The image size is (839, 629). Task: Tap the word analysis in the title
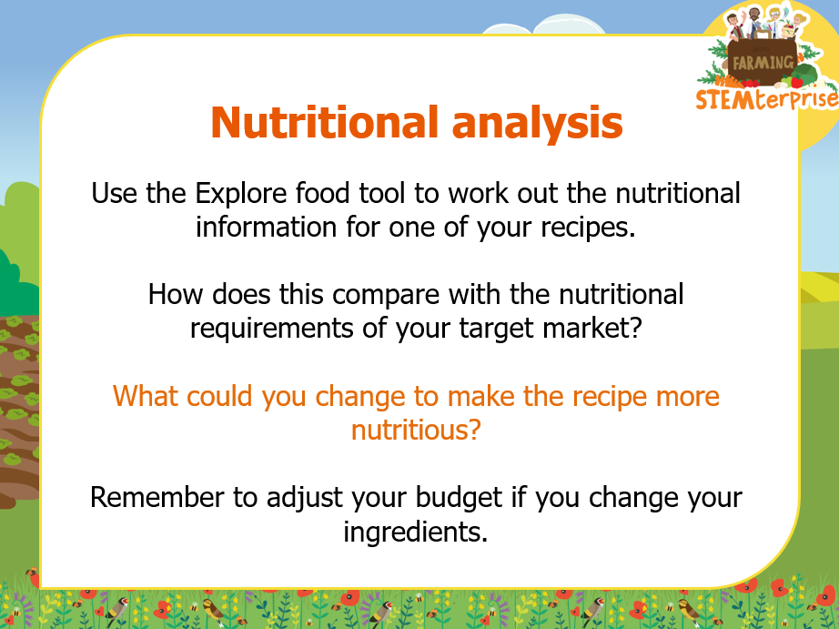point(537,124)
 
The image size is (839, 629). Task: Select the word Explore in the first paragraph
point(241,194)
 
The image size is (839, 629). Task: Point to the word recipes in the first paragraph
point(588,228)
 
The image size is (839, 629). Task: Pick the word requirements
point(272,329)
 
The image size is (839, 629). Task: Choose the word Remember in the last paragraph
point(157,497)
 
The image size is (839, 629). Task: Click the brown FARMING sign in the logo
point(763,63)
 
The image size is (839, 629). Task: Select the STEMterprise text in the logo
point(767,99)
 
